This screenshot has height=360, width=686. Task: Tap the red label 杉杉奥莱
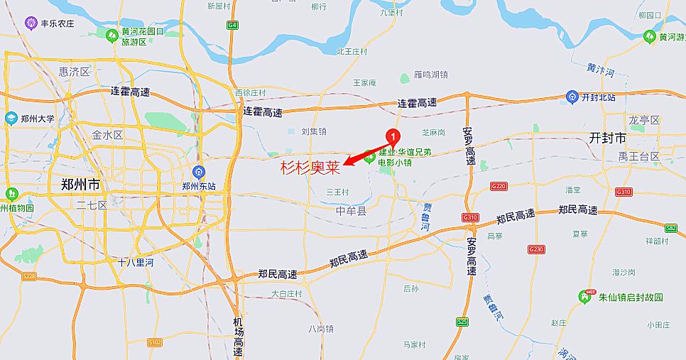[310, 168]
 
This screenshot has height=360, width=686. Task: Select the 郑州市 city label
[80, 185]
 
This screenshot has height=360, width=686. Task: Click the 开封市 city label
[607, 138]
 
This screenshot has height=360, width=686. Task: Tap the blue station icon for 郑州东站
[200, 171]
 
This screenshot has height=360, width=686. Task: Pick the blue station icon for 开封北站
[572, 97]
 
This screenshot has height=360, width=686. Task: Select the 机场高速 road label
[238, 337]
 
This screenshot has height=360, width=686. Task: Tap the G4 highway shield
[232, 26]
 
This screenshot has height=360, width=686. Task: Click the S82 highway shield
[671, 228]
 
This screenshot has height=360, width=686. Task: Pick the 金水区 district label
[108, 134]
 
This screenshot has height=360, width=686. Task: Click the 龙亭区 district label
[644, 119]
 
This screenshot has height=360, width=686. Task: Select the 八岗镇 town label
[321, 328]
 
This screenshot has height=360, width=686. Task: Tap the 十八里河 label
[136, 262]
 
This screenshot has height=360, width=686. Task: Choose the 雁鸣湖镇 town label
[430, 75]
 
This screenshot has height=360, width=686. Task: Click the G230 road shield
[536, 249]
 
